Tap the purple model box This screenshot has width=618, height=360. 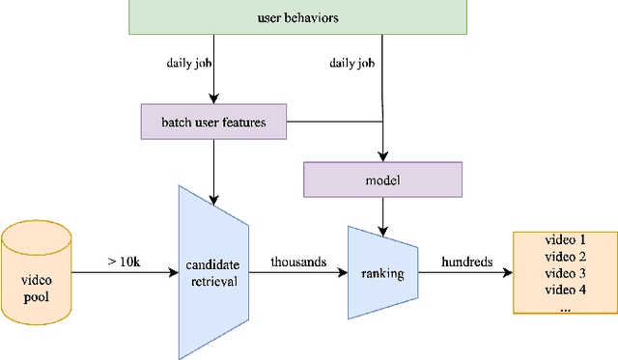coord(383,180)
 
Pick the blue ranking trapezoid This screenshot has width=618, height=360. coord(383,272)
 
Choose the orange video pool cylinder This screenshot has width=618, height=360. coord(36,272)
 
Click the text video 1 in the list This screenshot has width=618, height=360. coord(566,240)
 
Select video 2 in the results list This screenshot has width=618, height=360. coord(566,257)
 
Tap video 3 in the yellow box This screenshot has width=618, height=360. coord(566,273)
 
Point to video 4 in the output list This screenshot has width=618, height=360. coord(566,290)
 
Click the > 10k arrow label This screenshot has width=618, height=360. coord(123,262)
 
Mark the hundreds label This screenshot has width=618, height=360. coord(468,262)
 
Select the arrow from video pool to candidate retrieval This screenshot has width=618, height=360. coord(124,273)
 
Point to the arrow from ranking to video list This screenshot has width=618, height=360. coord(467,273)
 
